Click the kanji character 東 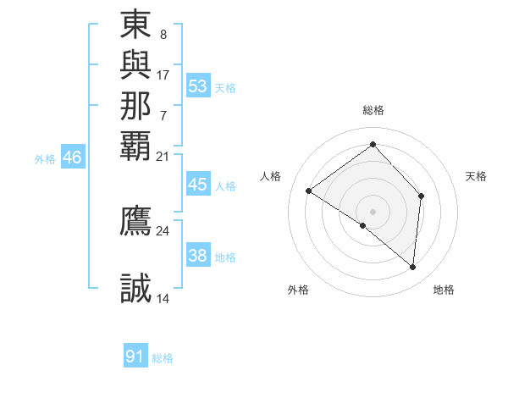135,25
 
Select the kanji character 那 135,106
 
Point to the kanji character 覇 135,145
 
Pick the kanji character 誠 135,289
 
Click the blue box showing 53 198,86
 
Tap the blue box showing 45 198,185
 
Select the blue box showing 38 198,256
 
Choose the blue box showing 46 73,157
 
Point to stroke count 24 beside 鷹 163,230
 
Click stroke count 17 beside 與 163,75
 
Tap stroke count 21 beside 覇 163,157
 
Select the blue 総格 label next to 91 163,358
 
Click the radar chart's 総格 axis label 373,110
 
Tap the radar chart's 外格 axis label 298,290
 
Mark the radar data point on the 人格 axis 309,191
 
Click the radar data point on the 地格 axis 412,267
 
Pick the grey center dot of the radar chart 373,211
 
